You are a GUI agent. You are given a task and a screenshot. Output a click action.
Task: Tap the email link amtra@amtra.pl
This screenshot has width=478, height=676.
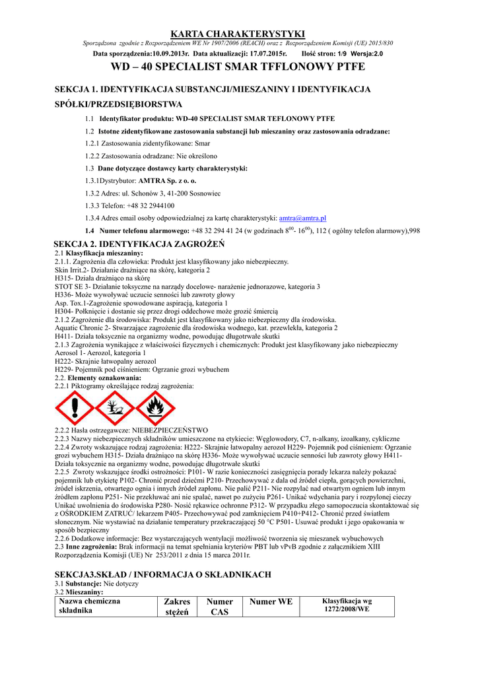(x=303, y=218)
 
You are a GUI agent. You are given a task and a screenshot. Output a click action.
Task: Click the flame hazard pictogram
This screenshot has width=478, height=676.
(x=155, y=408)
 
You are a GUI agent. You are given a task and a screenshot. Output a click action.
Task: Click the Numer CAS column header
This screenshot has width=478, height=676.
(x=219, y=606)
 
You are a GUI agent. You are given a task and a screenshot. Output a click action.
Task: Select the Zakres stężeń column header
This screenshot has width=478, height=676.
(x=177, y=606)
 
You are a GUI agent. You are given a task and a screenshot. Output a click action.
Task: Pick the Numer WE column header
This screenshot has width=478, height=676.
(x=271, y=601)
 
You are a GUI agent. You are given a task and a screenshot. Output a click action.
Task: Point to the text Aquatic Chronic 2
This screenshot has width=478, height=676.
(x=85, y=327)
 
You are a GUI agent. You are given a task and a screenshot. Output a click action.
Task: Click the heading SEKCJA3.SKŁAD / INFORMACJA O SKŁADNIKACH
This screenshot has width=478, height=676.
(x=162, y=574)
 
